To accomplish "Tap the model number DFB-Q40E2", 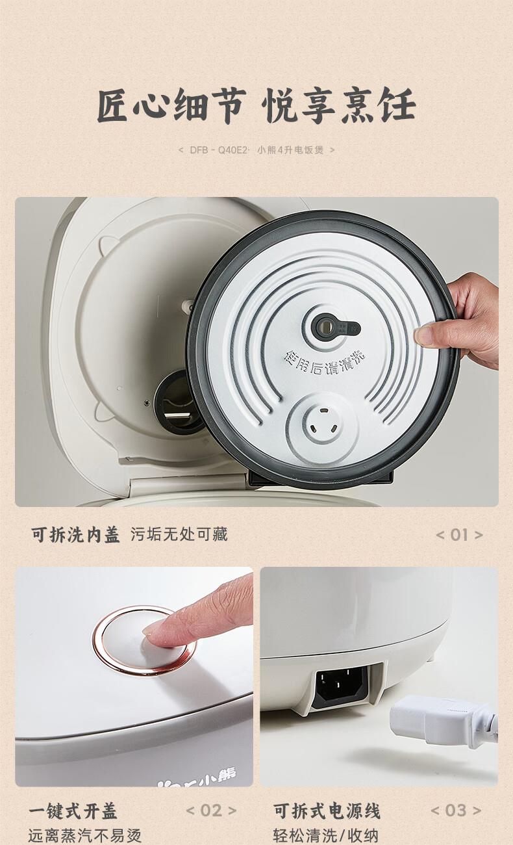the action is [x=219, y=150].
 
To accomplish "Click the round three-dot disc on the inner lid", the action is [x=323, y=426].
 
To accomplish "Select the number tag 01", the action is [x=459, y=534].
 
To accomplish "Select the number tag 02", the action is [x=211, y=811].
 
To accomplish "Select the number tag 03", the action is [x=456, y=811].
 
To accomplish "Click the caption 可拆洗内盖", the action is [x=75, y=534].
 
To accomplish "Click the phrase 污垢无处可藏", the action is [x=179, y=534].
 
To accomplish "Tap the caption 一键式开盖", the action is [x=73, y=811].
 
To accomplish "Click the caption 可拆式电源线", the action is [x=327, y=811].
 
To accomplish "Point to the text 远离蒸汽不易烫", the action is [x=85, y=835].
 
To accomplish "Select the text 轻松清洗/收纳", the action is [x=326, y=835].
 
